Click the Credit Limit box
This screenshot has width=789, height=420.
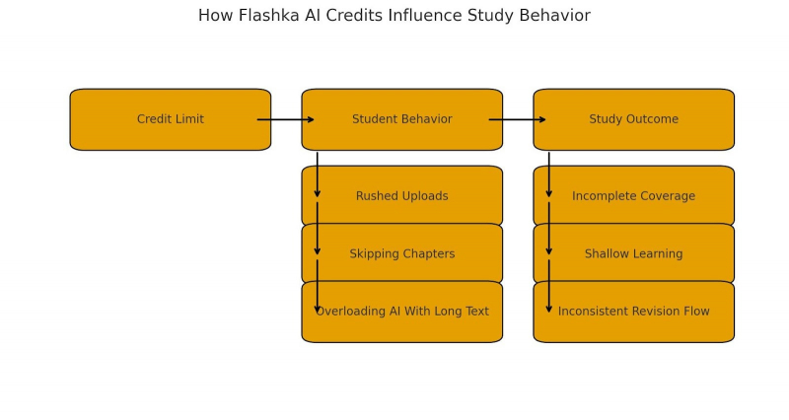171,119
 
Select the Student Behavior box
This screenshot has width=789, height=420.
402,119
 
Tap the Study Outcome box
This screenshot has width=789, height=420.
634,119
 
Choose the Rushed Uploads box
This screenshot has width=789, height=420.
402,196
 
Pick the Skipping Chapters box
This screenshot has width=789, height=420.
402,253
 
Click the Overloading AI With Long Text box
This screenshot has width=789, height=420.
402,312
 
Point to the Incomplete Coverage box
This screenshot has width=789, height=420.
634,196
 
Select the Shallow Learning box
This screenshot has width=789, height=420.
634,253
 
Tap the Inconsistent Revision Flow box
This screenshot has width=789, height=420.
634,312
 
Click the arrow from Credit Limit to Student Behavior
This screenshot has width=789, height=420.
286,119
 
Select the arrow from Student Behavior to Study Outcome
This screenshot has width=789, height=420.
518,119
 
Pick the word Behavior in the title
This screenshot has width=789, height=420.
555,16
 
